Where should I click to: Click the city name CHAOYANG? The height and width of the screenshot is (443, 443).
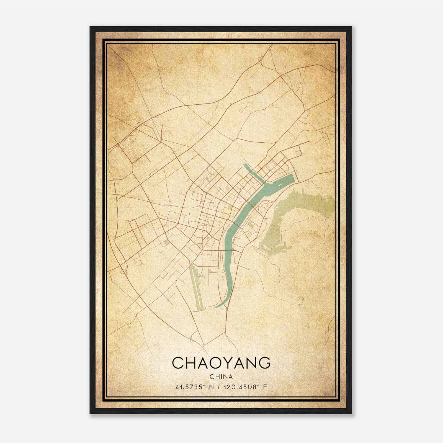221,363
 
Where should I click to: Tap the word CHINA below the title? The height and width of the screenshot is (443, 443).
221,377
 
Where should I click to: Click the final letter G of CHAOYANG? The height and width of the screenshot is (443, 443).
265,363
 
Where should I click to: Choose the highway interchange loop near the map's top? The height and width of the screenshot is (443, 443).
260,59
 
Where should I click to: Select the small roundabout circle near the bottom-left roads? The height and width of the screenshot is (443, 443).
136,315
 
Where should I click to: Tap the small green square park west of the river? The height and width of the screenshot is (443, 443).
230,207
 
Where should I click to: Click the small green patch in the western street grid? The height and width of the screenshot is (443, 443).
166,243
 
